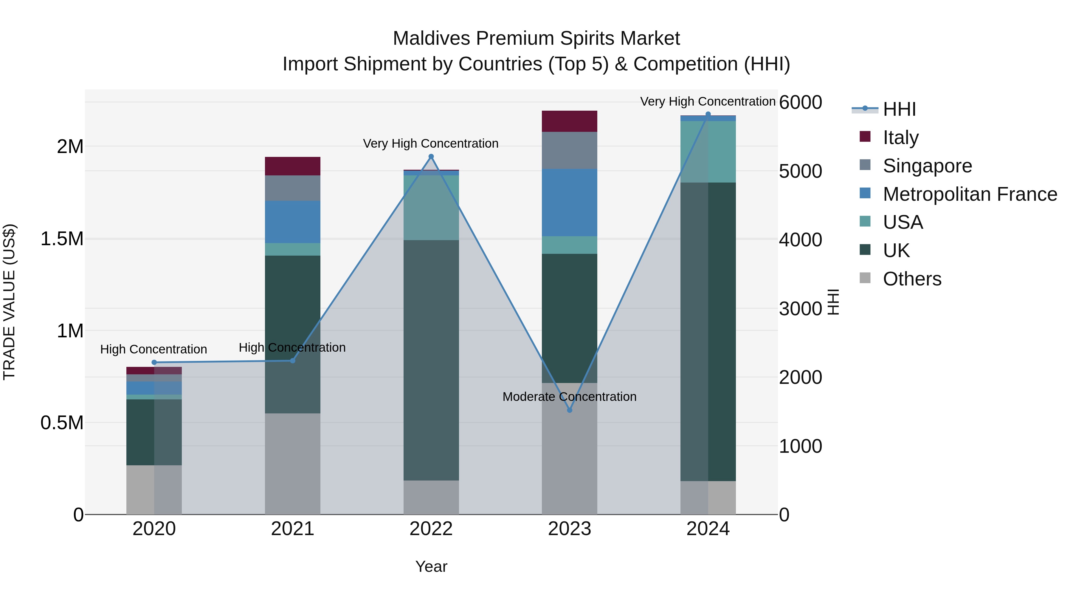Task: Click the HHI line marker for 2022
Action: (x=431, y=157)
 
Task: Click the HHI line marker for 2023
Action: (x=570, y=410)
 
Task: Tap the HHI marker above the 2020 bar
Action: (x=154, y=362)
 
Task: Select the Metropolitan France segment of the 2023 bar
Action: (x=569, y=203)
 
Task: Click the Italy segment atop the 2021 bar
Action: (x=292, y=166)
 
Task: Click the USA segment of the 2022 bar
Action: (x=431, y=208)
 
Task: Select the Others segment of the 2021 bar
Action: (x=292, y=464)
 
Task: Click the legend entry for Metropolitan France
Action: (x=970, y=194)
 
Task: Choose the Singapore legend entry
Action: (x=927, y=166)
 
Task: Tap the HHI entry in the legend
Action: (x=899, y=109)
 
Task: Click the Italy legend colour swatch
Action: (x=865, y=137)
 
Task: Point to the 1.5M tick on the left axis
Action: (x=62, y=239)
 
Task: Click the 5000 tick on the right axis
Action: (x=800, y=171)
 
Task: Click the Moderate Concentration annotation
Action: (x=569, y=396)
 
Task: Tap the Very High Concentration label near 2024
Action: (x=707, y=101)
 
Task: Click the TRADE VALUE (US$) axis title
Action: (x=10, y=302)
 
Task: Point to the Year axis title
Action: (x=431, y=566)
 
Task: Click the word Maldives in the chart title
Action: (x=432, y=38)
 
